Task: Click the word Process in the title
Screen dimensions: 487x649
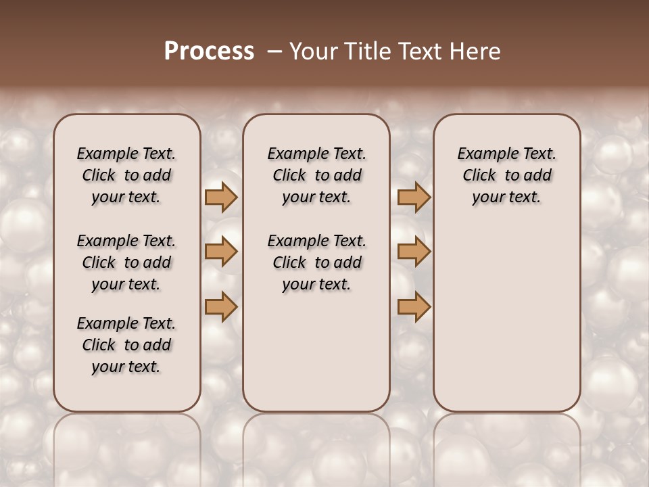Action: pyautogui.click(x=209, y=51)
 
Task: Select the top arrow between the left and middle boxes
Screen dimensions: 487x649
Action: pyautogui.click(x=221, y=197)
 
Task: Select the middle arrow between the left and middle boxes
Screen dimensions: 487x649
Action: pyautogui.click(x=221, y=252)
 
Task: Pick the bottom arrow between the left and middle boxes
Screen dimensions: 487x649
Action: pyautogui.click(x=221, y=306)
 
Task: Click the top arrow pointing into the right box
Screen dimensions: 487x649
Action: pyautogui.click(x=414, y=197)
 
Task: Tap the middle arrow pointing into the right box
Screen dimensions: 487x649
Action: pyautogui.click(x=414, y=252)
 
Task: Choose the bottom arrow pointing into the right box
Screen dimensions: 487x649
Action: pyautogui.click(x=414, y=306)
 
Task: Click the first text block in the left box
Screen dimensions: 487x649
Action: pyautogui.click(x=126, y=175)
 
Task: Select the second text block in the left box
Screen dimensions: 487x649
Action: pyautogui.click(x=126, y=262)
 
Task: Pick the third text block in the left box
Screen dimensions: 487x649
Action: pyautogui.click(x=126, y=345)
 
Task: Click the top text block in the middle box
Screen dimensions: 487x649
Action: pyautogui.click(x=316, y=175)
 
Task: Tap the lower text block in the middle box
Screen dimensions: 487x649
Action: pyautogui.click(x=316, y=262)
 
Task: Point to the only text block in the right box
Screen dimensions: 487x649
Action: pyautogui.click(x=506, y=175)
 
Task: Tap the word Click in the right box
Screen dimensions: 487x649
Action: pyautogui.click(x=479, y=176)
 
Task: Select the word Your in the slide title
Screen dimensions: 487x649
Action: pyautogui.click(x=311, y=51)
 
